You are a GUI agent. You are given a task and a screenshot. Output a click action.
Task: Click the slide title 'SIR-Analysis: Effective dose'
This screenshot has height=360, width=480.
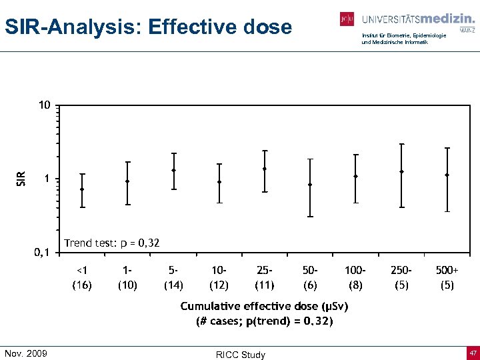[148, 27]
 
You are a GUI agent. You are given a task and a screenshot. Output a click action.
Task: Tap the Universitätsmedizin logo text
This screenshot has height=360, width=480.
[418, 19]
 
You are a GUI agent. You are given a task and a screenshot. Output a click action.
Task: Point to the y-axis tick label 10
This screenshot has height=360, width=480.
[43, 105]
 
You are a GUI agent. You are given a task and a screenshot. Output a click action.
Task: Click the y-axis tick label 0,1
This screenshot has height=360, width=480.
[41, 253]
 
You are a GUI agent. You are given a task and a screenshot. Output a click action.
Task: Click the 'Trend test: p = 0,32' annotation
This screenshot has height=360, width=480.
[111, 243]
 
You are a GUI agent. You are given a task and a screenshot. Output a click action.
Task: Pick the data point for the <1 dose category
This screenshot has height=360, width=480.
[82, 189]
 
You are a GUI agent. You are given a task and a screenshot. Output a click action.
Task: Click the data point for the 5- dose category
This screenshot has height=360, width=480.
[173, 170]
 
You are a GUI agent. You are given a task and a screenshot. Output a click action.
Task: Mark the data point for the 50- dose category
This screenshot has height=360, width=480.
[310, 185]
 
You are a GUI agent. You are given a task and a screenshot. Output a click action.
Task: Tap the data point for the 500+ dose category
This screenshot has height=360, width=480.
[447, 175]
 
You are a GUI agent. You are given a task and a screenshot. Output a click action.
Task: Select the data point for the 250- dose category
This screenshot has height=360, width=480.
[401, 171]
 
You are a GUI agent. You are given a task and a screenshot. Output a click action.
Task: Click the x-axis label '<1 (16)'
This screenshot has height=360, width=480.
[82, 277]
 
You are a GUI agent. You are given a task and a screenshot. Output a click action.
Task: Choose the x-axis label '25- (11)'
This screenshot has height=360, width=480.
[264, 277]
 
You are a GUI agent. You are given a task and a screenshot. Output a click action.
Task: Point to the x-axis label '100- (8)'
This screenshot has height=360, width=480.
[355, 277]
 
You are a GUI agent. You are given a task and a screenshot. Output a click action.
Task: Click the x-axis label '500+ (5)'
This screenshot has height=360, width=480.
[447, 277]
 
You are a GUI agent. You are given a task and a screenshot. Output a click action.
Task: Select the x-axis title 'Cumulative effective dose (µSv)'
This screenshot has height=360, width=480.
[264, 306]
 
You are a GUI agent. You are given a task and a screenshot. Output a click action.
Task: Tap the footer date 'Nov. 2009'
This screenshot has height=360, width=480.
[26, 353]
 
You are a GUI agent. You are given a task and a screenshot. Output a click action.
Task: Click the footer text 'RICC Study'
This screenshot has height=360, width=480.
[240, 355]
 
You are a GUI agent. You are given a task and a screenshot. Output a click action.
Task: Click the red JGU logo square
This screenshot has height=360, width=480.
[347, 19]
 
